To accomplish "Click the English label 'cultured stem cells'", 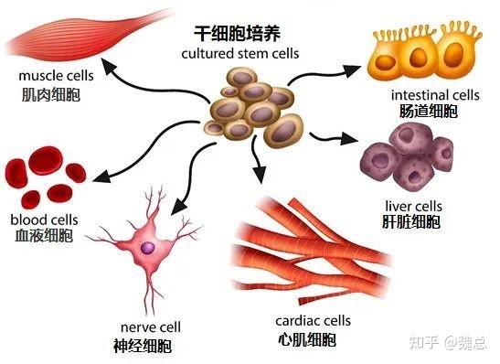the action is click(240, 54).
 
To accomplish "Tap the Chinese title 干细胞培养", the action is click(238, 33).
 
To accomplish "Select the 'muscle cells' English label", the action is click(56, 76).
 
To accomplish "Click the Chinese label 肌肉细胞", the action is click(51, 94).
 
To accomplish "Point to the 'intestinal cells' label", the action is click(435, 95).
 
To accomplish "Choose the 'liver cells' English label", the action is click(413, 207).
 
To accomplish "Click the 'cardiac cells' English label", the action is click(314, 321).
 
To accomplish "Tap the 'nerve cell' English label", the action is click(151, 327).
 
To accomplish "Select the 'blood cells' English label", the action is click(44, 219).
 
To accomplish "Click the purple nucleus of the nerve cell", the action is click(148, 248).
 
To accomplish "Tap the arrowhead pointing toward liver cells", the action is click(349, 138).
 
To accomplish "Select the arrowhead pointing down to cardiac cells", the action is click(260, 175).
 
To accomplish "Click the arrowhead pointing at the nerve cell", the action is click(178, 207).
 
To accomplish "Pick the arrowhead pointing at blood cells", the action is click(101, 177).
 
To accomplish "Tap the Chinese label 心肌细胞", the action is click(307, 339).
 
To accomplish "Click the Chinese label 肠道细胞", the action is click(429, 112).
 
